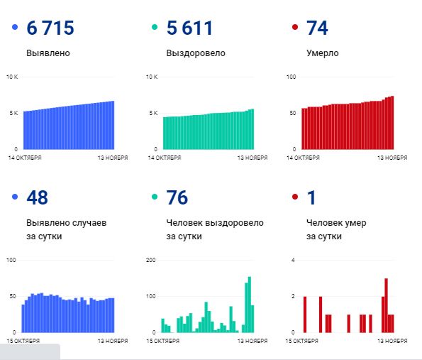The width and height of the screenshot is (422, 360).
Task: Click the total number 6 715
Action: point(50,28)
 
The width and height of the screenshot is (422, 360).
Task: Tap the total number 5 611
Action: point(189,28)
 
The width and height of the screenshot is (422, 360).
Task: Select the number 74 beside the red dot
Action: point(316,28)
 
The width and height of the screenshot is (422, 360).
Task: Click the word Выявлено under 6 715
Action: point(48,53)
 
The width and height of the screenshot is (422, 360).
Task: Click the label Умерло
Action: point(322,53)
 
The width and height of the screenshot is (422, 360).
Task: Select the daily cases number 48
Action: point(37,197)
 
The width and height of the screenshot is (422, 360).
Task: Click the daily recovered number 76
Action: point(176,197)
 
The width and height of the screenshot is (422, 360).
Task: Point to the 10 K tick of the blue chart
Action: point(12,77)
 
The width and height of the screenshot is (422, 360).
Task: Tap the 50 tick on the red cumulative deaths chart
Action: point(291,114)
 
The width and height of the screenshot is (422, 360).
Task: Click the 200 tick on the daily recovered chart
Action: point(150,261)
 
